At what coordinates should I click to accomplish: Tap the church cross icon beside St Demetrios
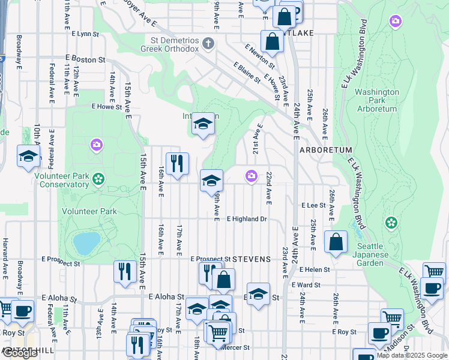tap(208, 43)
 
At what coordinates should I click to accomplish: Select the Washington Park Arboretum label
tap(376, 100)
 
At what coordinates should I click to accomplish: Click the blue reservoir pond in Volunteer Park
tap(86, 243)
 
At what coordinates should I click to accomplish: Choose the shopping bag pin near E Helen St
tap(336, 242)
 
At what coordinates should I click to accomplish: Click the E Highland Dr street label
tap(246, 220)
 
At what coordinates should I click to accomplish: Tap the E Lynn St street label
tap(85, 34)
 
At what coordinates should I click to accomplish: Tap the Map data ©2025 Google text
tap(412, 356)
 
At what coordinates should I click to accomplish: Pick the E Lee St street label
tap(313, 205)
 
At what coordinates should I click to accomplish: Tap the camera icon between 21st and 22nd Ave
tap(251, 176)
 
